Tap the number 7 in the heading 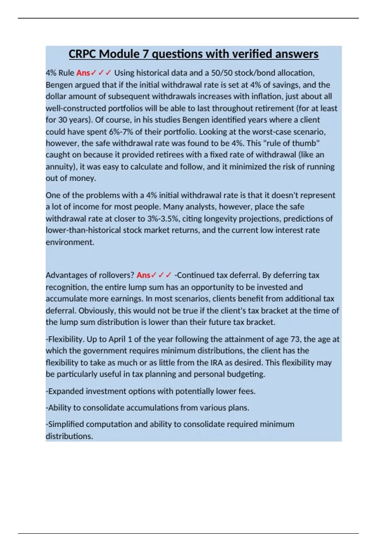(x=146, y=54)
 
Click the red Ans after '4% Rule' (x=83, y=73)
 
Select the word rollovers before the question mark (x=117, y=275)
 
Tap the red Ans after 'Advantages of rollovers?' (x=143, y=275)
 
